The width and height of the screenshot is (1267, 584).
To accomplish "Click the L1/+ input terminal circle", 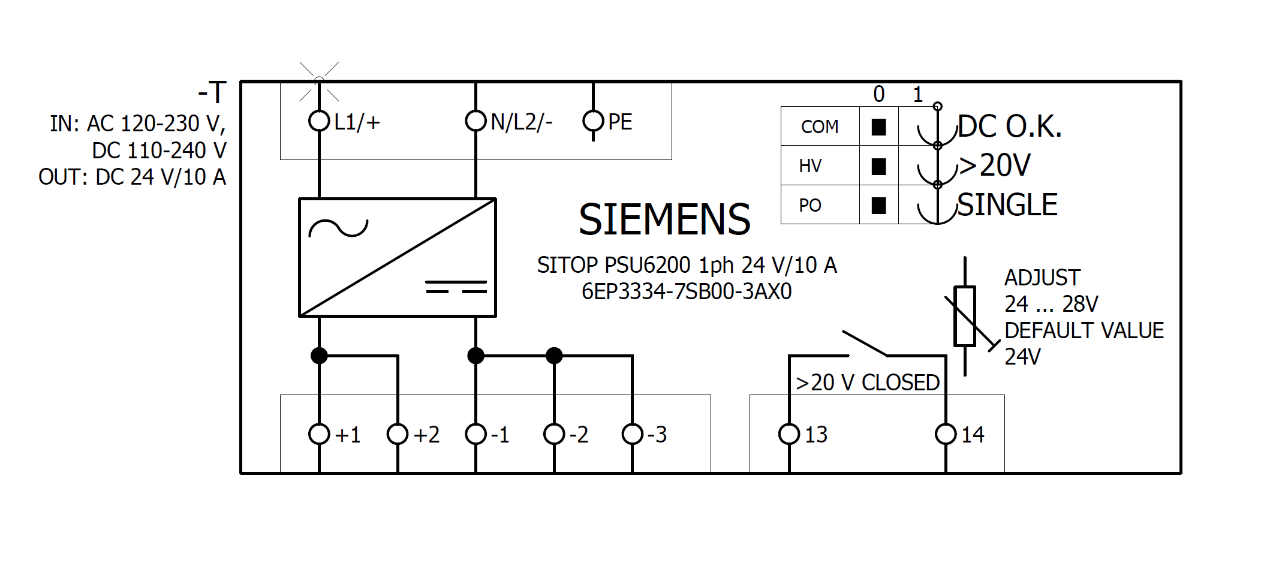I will coord(319,121).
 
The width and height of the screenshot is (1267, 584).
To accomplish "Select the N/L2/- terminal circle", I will coord(475,121).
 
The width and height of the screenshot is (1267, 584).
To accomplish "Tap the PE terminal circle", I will coord(593,121).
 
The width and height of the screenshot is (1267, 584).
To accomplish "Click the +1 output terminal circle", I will coord(319,434).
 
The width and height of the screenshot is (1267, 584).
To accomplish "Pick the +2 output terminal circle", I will coord(398,434).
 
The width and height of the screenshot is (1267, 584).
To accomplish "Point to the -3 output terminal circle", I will coord(633,434).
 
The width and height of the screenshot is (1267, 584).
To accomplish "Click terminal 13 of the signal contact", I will coord(789,434).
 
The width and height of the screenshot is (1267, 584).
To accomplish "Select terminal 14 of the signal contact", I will coord(946,434).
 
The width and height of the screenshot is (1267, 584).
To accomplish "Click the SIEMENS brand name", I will coord(664,219).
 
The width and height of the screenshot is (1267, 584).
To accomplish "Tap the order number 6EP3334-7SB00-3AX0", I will coord(687,291).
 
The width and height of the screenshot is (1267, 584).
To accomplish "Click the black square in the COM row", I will coord(879,127).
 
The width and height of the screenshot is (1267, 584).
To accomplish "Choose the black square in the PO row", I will coord(879,206).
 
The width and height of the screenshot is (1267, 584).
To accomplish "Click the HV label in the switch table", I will coord(810,166).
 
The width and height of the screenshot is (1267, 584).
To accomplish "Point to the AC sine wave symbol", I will coord(338,228).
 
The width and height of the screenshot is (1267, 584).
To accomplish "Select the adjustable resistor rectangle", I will coord(965,316).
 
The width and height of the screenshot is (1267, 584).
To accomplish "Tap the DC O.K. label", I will coord(1010,127).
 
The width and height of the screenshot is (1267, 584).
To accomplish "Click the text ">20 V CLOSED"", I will coord(867,383).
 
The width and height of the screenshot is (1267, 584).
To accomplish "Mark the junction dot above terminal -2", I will coord(554,356).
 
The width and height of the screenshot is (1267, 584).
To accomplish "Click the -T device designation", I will coord(212,93).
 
